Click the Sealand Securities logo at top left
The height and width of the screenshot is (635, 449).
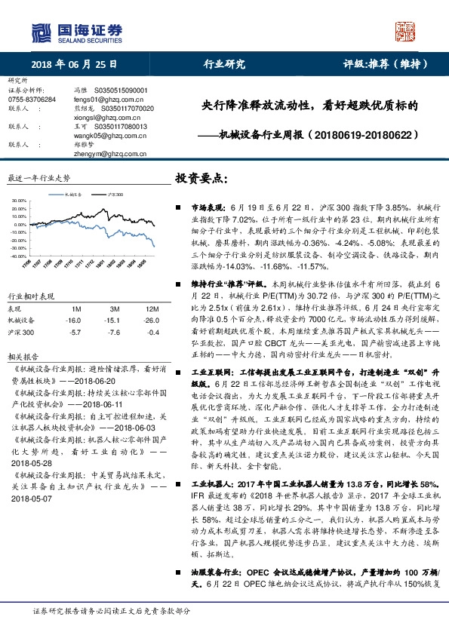click(75, 32)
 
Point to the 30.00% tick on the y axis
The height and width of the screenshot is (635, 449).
click(18, 201)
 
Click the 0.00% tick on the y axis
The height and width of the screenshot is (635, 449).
click(20, 225)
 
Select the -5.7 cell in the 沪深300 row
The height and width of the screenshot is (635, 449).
click(75, 332)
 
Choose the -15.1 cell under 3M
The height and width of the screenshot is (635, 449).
click(114, 321)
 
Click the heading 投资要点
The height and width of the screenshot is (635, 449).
click(201, 179)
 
